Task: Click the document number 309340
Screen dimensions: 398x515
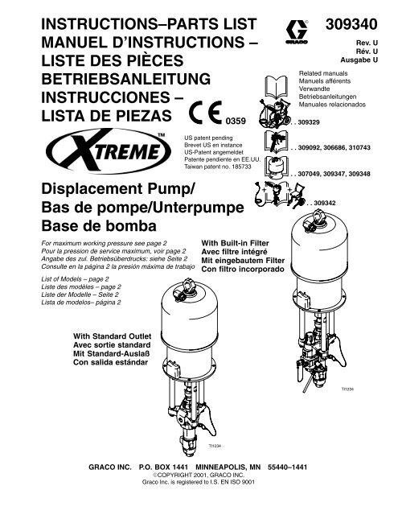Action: [351, 24]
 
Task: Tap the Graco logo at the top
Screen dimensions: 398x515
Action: [296, 32]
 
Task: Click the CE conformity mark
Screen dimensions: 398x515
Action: [205, 112]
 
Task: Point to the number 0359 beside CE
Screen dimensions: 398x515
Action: [236, 122]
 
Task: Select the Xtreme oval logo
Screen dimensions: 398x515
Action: [109, 150]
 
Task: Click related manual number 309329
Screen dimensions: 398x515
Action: [309, 122]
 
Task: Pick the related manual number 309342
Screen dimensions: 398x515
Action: [325, 203]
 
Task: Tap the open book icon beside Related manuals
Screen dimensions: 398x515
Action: [276, 86]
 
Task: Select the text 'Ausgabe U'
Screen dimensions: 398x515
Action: [359, 60]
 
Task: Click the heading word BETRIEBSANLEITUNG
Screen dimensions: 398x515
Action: [126, 79]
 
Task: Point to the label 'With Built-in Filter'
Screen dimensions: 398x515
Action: [235, 243]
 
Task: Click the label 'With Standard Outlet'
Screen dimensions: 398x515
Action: [113, 336]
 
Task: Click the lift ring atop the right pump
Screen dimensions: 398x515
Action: [318, 216]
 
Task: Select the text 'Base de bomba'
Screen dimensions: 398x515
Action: [99, 226]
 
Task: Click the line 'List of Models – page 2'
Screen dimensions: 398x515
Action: [75, 279]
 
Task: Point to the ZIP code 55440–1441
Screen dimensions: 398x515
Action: [287, 467]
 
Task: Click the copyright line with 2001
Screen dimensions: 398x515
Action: [199, 475]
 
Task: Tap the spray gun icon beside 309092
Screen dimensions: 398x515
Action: [277, 142]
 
